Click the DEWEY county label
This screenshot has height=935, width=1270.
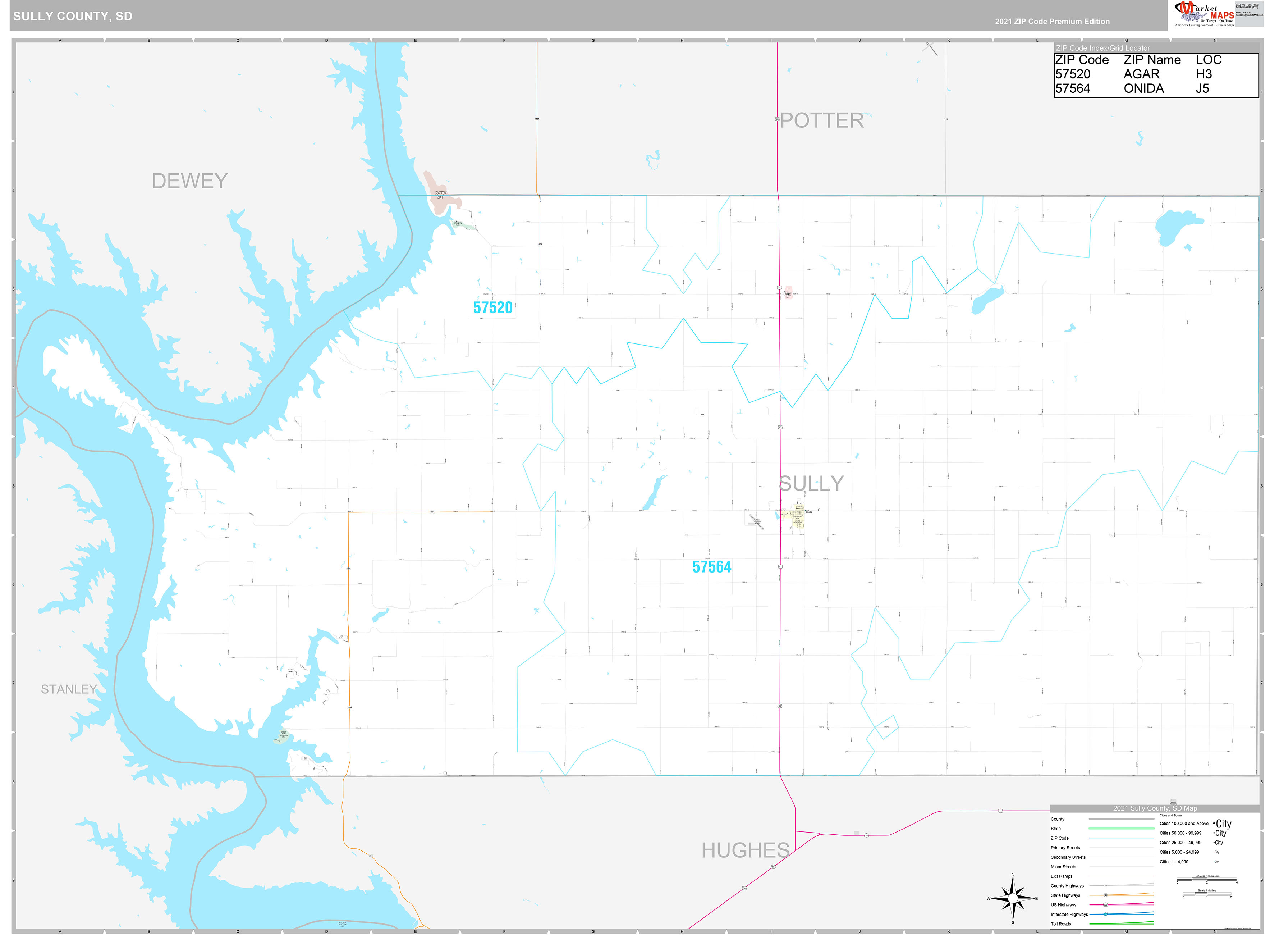click(x=189, y=181)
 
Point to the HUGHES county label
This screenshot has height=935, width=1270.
click(x=745, y=850)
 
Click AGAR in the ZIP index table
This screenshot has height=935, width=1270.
click(x=1141, y=74)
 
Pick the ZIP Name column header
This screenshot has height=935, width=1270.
click(x=1152, y=60)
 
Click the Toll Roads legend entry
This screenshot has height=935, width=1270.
click(x=1061, y=924)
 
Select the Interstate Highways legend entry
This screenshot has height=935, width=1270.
click(x=1069, y=914)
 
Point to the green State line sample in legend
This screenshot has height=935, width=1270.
click(x=1121, y=828)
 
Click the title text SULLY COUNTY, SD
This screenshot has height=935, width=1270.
click(x=72, y=16)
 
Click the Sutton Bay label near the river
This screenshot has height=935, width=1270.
click(x=440, y=195)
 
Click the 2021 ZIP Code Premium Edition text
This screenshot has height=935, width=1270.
click(x=1052, y=22)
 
